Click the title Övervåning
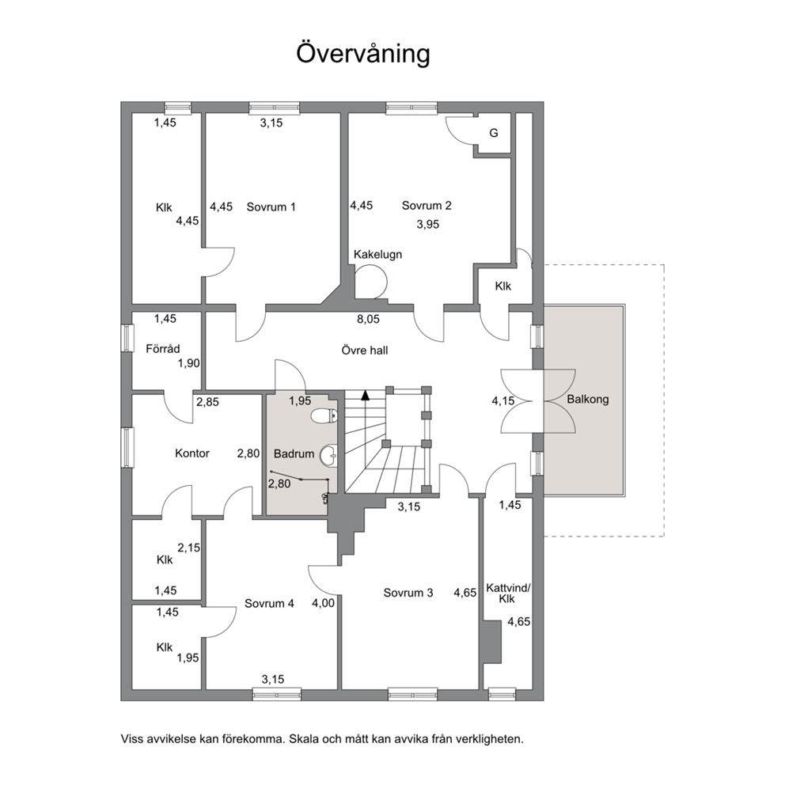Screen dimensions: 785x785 click(x=363, y=54)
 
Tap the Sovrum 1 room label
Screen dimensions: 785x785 click(x=271, y=207)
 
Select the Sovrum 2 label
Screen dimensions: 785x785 click(x=427, y=205)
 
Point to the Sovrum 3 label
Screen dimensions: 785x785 click(x=408, y=593)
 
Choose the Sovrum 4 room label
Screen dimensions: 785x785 click(x=269, y=603)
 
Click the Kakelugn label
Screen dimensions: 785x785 click(x=377, y=254)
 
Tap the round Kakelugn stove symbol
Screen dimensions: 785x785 click(x=371, y=282)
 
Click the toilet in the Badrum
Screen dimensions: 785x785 click(x=324, y=415)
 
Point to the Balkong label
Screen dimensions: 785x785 click(x=588, y=400)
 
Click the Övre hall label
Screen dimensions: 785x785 click(x=365, y=351)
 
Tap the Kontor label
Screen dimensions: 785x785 click(x=192, y=453)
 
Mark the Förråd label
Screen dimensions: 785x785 click(x=163, y=348)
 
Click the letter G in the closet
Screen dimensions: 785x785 click(x=494, y=133)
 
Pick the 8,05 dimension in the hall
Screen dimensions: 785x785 click(x=368, y=319)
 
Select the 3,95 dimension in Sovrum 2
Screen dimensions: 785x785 click(x=427, y=224)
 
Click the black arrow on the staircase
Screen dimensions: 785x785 click(x=366, y=395)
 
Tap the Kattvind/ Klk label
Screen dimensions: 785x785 click(x=508, y=593)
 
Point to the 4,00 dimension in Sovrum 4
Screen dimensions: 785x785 click(x=323, y=603)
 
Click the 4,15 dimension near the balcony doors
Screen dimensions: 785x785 click(x=503, y=401)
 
